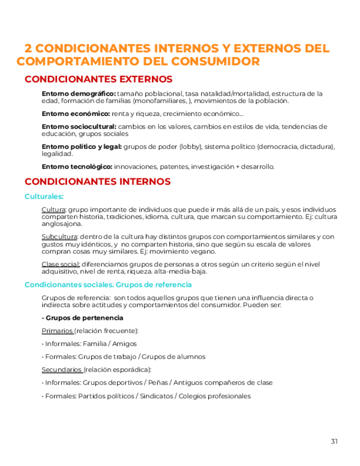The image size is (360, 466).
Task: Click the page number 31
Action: tap(335, 441)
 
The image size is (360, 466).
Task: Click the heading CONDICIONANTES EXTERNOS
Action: tap(98, 80)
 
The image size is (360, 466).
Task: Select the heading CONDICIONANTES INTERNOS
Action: tap(98, 181)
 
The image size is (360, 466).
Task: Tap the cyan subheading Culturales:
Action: tap(44, 196)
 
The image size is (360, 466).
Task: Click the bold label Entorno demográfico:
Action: tap(79, 93)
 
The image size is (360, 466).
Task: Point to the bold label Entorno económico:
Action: tap(76, 114)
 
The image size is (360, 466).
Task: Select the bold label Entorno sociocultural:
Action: tap(79, 126)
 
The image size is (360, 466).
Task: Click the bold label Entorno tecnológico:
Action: tap(77, 167)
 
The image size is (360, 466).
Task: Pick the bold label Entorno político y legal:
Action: tap(82, 147)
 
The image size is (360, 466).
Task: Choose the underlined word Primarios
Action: tap(57, 331)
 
